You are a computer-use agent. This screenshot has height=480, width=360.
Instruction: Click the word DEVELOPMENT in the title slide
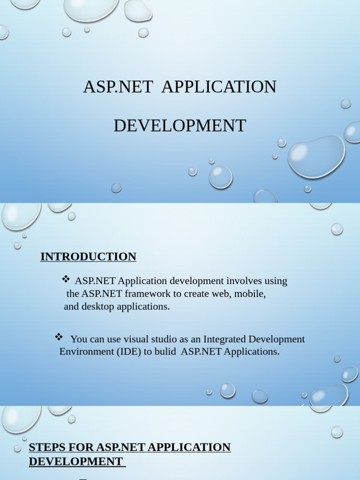pos(180,126)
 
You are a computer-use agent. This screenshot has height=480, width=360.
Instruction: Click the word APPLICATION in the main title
pos(219,87)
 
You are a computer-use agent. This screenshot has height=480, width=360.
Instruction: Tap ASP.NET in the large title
pos(118,87)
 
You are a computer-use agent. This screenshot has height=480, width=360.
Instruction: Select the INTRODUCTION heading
pos(88,257)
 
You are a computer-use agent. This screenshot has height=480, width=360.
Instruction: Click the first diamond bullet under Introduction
pos(66,280)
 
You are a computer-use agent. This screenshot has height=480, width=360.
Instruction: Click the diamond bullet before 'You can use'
pos(59,337)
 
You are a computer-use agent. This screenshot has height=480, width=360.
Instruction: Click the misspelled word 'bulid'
pos(165,352)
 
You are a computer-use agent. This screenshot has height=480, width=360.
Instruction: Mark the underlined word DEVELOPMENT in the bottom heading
pos(75,462)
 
